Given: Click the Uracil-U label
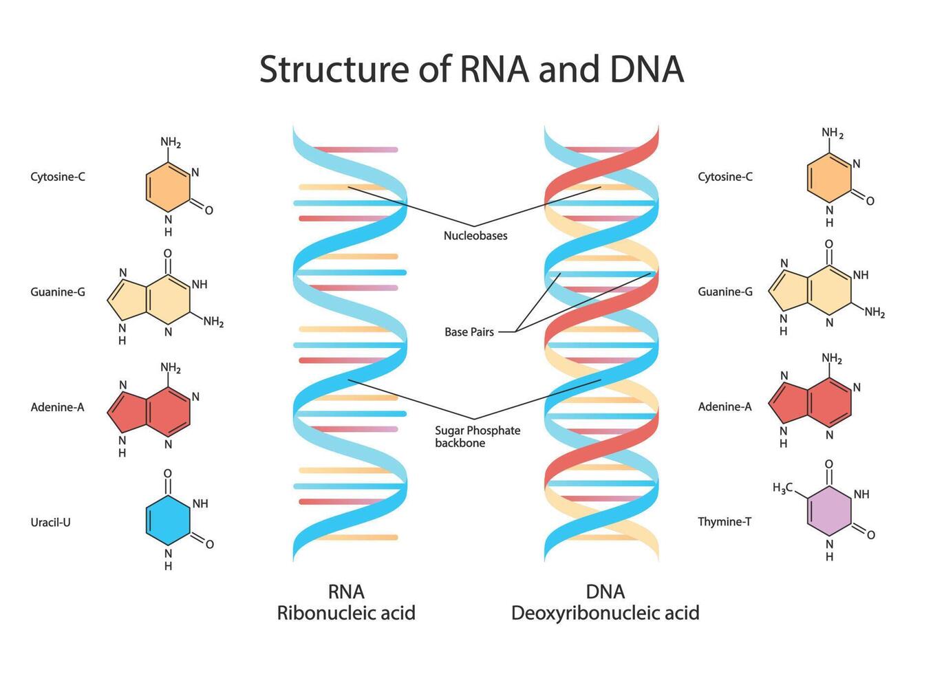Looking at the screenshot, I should (50, 522).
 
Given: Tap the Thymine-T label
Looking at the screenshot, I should (725, 521).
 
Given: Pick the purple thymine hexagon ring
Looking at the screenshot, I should (829, 511).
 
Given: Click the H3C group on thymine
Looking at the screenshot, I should (782, 488).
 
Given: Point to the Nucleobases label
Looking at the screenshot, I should (475, 236).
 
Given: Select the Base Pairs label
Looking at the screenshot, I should (469, 332).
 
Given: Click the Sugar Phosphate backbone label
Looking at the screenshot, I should (477, 437).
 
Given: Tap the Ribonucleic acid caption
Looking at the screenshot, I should (346, 613).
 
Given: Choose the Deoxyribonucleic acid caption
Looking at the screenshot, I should (605, 613).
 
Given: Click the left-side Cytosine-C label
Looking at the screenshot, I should (58, 177).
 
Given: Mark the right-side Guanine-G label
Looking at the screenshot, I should (725, 292).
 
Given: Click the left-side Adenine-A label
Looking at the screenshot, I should (57, 407).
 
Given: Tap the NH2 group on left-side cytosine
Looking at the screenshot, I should (171, 142).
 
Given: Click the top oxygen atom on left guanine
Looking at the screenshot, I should (168, 253).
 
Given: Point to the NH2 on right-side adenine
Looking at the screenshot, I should (832, 358).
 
